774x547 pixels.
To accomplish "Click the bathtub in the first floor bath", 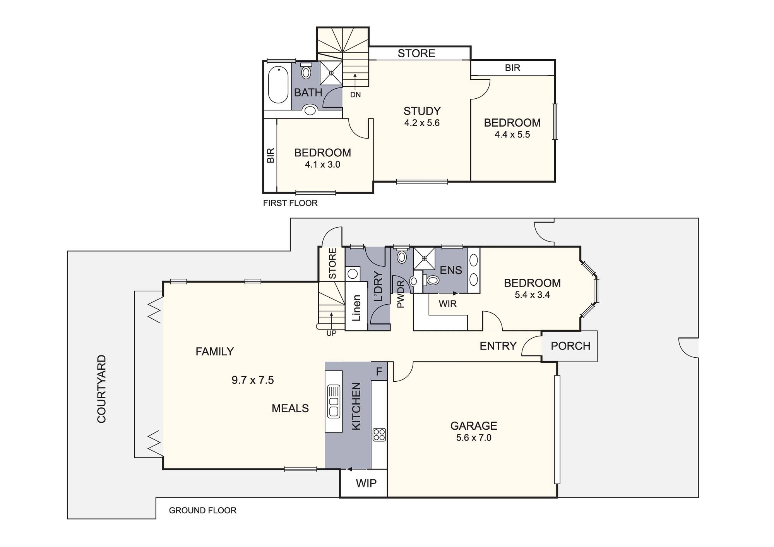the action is pos(278,85).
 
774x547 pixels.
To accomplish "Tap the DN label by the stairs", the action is pos(355,94).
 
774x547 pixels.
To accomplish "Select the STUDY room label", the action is pos(422,111).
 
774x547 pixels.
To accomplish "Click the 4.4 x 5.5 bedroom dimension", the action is pos(512,135).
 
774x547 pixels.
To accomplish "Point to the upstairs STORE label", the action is pos(416,53).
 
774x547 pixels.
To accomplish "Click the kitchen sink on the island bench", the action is pos(334,401).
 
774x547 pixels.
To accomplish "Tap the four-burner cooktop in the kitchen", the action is pos(379,434).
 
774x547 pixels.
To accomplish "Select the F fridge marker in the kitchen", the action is pos(379,372).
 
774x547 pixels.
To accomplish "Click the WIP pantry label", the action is pos(366,483).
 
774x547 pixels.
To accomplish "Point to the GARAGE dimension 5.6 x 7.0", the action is pos(474,438).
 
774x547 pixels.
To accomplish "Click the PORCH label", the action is pos(570,346).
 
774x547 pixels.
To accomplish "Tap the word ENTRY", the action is pos(498,346).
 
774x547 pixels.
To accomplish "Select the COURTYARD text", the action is pos(101,389).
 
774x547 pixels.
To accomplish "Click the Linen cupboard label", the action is pos(356,308).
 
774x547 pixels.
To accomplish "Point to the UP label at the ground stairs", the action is pos(331,333).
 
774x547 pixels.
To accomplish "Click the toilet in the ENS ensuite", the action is pos(431,280).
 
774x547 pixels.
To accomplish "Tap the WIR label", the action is pos(448,304).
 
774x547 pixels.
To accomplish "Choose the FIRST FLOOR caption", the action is pos(290,203).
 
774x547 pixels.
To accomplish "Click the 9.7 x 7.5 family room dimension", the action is pos(253,380).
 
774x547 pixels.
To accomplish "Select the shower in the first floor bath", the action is pos(331,73).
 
